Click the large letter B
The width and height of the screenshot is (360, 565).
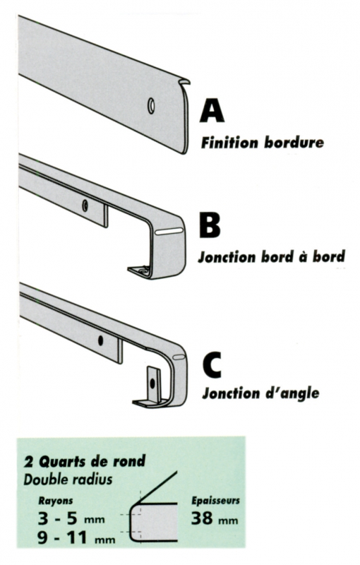[x=210, y=225]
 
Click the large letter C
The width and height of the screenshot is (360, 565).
[x=211, y=366]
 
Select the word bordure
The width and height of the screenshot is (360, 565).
[x=294, y=143]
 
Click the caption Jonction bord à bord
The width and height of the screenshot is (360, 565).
[x=272, y=257]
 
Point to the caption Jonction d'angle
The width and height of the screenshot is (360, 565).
[x=260, y=393]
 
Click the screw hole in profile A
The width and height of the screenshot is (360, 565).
[x=151, y=105]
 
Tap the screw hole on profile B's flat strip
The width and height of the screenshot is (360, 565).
[x=85, y=206]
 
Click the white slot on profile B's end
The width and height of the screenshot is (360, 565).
[x=169, y=232]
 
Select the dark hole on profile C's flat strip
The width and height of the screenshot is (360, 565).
[x=100, y=340]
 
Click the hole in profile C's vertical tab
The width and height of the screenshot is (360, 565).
[x=152, y=383]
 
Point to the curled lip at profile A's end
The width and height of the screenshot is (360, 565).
[x=185, y=82]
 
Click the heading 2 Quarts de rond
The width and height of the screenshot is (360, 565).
[x=85, y=461]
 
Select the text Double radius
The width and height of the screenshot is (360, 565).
[x=68, y=480]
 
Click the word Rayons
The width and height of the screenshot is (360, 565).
[x=56, y=501]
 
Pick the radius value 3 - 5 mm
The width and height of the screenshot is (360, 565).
[x=71, y=518]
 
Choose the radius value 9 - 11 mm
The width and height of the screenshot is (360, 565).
[x=76, y=538]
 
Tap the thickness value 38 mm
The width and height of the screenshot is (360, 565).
[x=215, y=518]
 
